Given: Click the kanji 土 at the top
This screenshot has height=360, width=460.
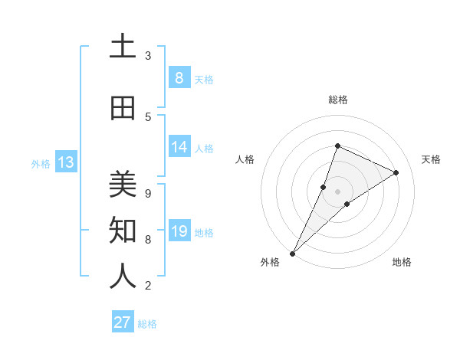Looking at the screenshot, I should coord(123,47).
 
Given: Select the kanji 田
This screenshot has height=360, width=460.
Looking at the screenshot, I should coord(123,109).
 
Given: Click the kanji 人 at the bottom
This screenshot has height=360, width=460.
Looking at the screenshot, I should coord(123,277).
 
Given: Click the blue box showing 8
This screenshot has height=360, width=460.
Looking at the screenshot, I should coord(179,78).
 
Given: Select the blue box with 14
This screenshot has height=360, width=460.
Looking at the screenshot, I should coord(179,147).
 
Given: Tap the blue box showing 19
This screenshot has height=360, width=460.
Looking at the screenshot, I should coord(179,231).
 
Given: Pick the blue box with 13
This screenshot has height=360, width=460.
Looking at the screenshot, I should coord(66,162).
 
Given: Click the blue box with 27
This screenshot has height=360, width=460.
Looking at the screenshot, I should coord(123,322).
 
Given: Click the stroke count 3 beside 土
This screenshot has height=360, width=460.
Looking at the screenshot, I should coord(148,55).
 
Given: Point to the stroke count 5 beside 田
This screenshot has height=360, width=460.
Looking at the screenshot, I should coord(148,116).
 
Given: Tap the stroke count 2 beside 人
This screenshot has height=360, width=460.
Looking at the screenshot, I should coord(148,285).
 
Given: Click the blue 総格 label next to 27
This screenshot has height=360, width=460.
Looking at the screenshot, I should coord(147,324).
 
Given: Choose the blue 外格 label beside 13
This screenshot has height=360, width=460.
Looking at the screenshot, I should coord(41,163).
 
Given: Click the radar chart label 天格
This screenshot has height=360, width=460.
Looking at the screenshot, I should coord(431,159).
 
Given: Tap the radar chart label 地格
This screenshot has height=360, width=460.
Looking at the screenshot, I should coord(402,262).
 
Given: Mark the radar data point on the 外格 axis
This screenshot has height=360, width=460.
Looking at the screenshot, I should coord(293,253).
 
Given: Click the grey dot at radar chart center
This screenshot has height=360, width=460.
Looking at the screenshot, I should coord(338,191).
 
